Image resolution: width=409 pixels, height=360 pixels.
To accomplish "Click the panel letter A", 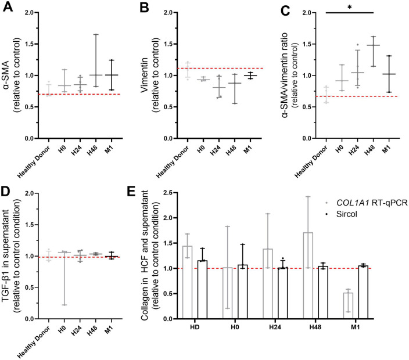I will (6, 7).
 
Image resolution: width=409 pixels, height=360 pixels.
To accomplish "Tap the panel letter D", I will (6, 188).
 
